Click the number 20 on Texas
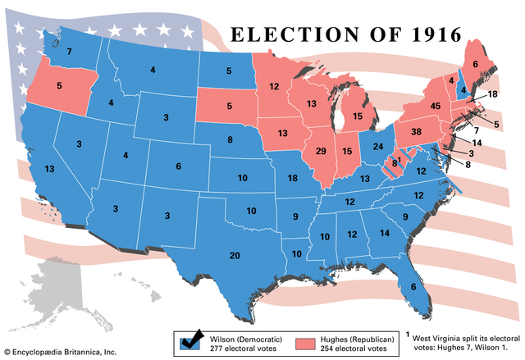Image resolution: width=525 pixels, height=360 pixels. pos(235,256)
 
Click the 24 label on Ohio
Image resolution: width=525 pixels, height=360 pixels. pos(378,147)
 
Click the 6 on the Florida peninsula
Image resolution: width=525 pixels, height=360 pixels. pos(413,286)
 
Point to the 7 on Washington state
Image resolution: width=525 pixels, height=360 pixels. pos(70,52)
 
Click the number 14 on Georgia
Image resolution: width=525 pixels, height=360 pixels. pos(384,233)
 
